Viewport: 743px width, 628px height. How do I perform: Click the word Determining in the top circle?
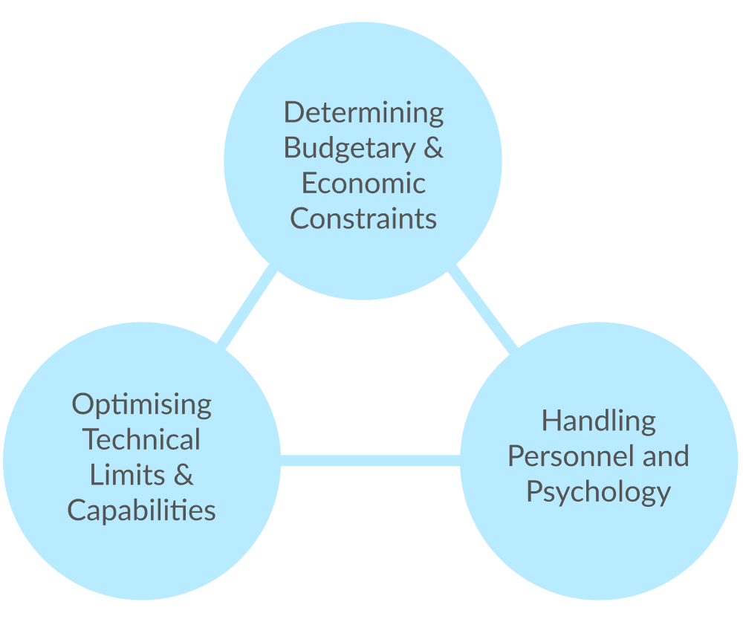pyautogui.click(x=363, y=113)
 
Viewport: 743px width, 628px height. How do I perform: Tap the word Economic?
pyautogui.click(x=363, y=183)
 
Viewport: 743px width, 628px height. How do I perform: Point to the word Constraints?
pyautogui.click(x=363, y=218)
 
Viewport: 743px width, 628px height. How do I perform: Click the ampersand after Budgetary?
pyautogui.click(x=432, y=147)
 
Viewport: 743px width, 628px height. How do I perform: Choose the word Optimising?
pyautogui.click(x=141, y=405)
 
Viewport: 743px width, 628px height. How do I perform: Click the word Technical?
pyautogui.click(x=141, y=439)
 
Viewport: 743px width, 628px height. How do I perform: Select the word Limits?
pyautogui.click(x=122, y=474)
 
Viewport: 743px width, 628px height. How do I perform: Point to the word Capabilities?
pyautogui.click(x=141, y=510)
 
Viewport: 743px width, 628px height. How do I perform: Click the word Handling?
pyautogui.click(x=598, y=421)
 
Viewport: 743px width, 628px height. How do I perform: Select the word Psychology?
pyautogui.click(x=598, y=492)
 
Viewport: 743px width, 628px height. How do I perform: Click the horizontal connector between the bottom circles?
pyautogui.click(x=370, y=460)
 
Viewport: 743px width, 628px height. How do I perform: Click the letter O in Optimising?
pyautogui.click(x=82, y=404)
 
